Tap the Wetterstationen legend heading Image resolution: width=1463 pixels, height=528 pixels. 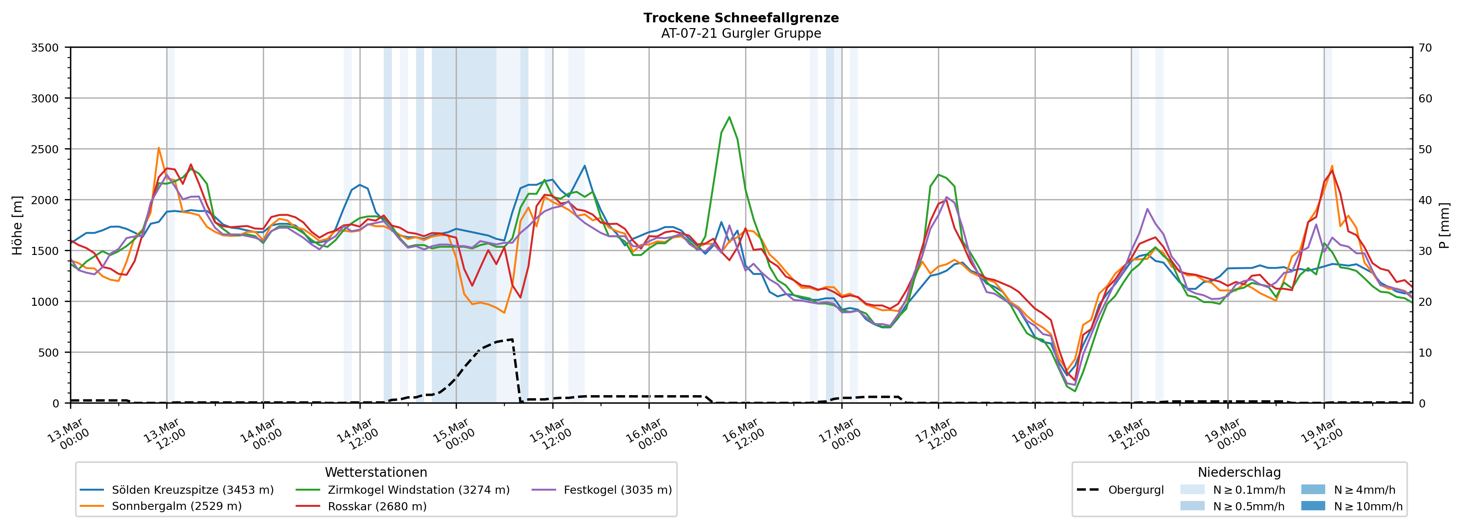point(376,472)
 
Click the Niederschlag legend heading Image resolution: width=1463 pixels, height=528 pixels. point(1239,472)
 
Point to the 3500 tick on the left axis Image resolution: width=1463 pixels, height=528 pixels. point(45,48)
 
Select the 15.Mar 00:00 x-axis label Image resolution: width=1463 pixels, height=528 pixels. point(454,435)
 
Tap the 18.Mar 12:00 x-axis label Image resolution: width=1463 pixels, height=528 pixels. point(1129,435)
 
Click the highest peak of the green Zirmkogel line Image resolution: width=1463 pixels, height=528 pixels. point(729,117)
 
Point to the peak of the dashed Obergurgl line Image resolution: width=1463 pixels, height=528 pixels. point(512,339)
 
